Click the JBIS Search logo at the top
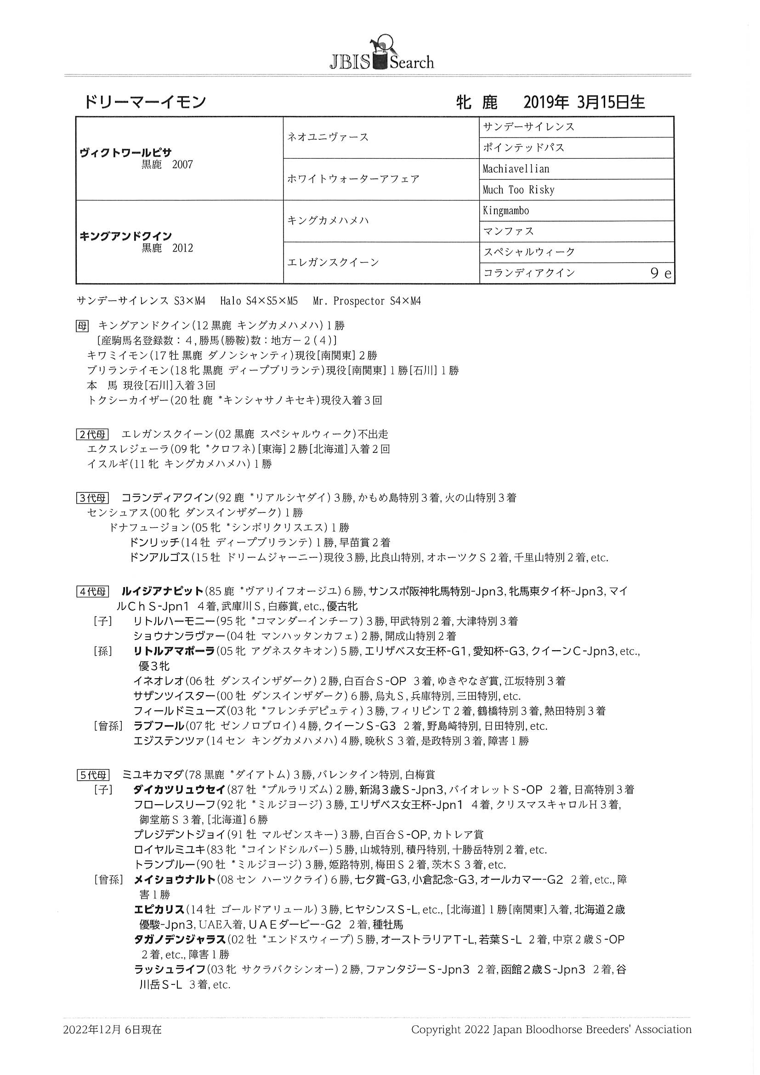point(381,54)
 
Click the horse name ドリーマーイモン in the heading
point(146,102)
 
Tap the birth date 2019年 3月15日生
point(584,102)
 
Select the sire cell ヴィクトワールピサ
point(125,153)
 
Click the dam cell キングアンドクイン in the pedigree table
point(125,236)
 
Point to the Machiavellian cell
point(516,169)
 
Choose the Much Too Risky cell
point(518,190)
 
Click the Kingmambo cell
point(506,211)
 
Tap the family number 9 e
point(661,274)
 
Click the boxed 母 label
point(82,326)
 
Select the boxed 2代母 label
point(92,434)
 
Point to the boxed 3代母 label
point(92,497)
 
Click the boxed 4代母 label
point(92,591)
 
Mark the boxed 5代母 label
point(92,775)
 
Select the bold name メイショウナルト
point(175,880)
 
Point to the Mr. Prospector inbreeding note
point(367,301)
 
